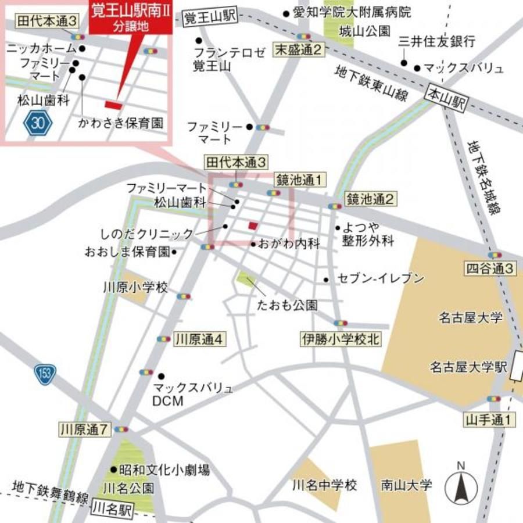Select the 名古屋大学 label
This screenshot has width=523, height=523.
(x=463, y=318)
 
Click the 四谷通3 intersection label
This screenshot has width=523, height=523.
(x=490, y=269)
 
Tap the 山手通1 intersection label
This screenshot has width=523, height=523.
(x=490, y=418)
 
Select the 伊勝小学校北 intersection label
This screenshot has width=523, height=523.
(x=341, y=339)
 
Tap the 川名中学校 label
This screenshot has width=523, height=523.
(x=324, y=484)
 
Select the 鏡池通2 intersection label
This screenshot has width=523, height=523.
(x=370, y=200)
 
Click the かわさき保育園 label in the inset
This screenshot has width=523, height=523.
(x=121, y=123)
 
